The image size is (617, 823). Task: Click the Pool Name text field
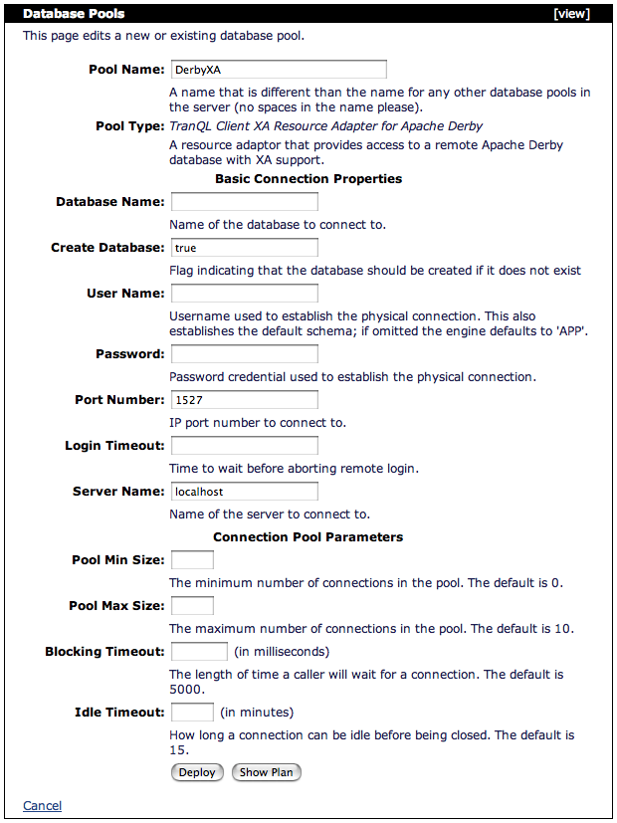pyautogui.click(x=278, y=70)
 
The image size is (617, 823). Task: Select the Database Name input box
pyautogui.click(x=244, y=202)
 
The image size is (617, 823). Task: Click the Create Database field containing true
pyautogui.click(x=244, y=248)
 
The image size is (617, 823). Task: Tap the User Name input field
pyautogui.click(x=244, y=294)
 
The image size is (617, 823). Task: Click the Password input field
pyautogui.click(x=244, y=354)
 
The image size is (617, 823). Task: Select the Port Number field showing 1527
pyautogui.click(x=244, y=400)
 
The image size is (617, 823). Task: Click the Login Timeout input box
pyautogui.click(x=244, y=446)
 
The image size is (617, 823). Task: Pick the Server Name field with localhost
pyautogui.click(x=244, y=492)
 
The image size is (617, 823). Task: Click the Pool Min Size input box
pyautogui.click(x=192, y=560)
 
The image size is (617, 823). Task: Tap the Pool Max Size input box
pyautogui.click(x=192, y=606)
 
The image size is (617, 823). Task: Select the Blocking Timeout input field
pyautogui.click(x=199, y=652)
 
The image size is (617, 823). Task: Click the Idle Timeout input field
pyautogui.click(x=192, y=713)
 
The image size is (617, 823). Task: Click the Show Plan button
pyautogui.click(x=267, y=772)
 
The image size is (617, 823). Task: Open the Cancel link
pyautogui.click(x=42, y=806)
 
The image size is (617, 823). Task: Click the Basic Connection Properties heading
pyautogui.click(x=308, y=179)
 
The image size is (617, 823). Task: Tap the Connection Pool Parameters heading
pyautogui.click(x=308, y=537)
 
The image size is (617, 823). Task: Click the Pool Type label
pyautogui.click(x=129, y=126)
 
